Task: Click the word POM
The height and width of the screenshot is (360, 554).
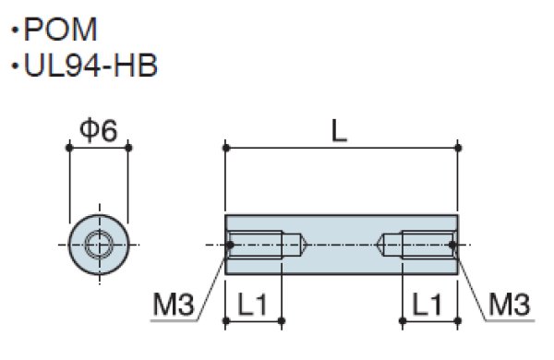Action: coord(60,30)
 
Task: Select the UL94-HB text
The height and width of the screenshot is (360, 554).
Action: coord(90,66)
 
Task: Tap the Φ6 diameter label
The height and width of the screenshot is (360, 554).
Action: coord(99,131)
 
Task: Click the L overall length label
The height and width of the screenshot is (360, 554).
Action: coord(340,131)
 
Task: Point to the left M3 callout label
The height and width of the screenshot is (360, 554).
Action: coord(174,305)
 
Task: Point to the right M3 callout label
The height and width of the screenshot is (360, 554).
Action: coord(510,305)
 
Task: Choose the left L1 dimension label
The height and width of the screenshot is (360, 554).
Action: coord(252,305)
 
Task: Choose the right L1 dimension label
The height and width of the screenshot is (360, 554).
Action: coord(428,305)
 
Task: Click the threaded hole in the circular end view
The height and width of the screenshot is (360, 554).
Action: coord(99,245)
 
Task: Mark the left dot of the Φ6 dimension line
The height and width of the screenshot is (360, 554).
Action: coord(69,148)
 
